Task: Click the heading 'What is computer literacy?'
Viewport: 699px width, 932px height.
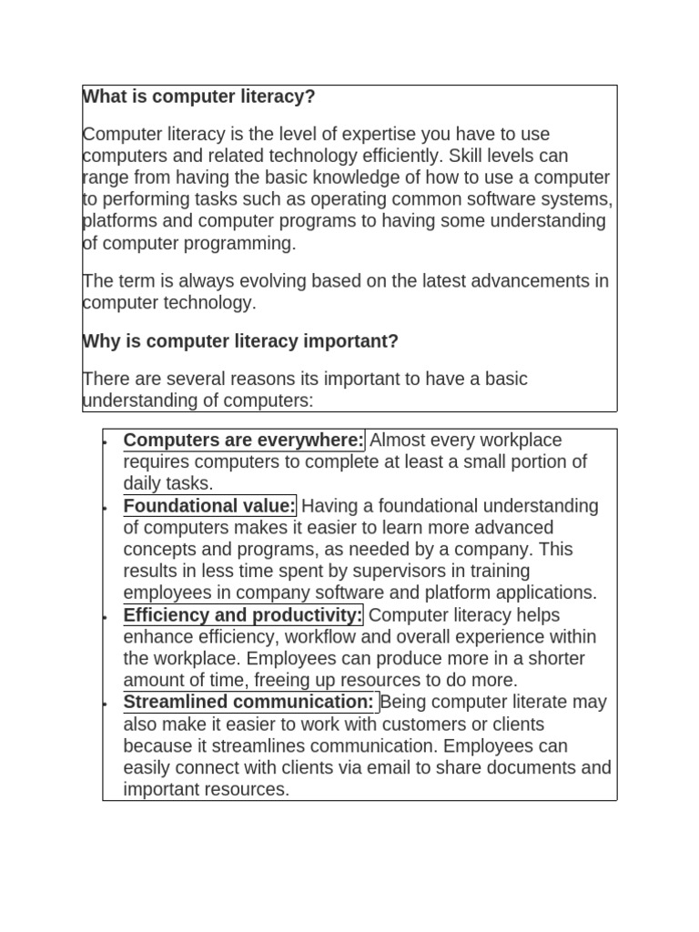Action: [199, 96]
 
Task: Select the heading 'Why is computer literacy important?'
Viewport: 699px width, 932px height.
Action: [241, 341]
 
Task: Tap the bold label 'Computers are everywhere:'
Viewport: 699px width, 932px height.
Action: [243, 441]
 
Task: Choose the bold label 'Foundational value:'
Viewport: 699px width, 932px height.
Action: [209, 506]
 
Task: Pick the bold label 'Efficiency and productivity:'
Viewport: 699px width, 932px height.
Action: [243, 615]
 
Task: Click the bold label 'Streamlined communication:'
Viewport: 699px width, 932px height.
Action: [248, 703]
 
